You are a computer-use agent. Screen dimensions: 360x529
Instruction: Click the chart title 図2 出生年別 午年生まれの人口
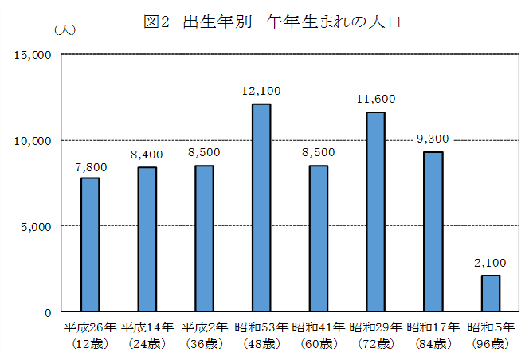[x=271, y=22]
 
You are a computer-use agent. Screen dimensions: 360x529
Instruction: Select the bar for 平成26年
[x=90, y=245]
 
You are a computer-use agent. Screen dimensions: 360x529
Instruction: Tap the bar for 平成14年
[x=147, y=239]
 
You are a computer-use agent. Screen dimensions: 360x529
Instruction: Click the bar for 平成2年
[x=204, y=238]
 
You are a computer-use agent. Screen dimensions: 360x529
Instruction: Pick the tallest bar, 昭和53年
[x=261, y=207]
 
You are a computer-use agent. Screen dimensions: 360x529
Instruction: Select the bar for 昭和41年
[x=319, y=238]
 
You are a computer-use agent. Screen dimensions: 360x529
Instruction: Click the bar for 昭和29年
[x=376, y=212]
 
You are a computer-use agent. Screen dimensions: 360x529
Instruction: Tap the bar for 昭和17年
[x=433, y=231]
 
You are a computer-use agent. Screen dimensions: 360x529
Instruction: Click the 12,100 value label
[x=261, y=92]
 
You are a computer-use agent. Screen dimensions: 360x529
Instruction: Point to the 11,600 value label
[x=376, y=100]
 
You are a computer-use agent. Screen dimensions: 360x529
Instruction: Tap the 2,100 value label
[x=490, y=263]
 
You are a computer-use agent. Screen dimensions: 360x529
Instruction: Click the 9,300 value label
[x=433, y=139]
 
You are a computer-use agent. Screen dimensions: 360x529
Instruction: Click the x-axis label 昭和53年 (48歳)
[x=261, y=335]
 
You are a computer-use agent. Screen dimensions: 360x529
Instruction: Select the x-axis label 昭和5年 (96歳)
[x=490, y=335]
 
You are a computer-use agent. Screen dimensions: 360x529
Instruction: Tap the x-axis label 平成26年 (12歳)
[x=90, y=335]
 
